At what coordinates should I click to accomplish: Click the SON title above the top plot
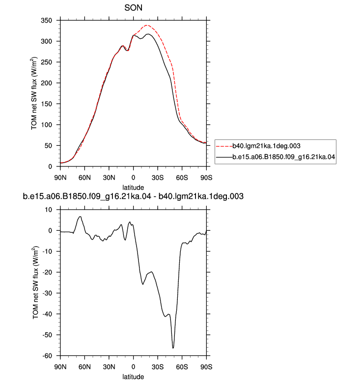click(x=133, y=8)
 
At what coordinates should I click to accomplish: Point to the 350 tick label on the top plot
click(x=47, y=21)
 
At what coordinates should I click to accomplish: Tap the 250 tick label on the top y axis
click(x=47, y=62)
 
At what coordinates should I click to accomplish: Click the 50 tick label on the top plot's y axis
click(x=49, y=146)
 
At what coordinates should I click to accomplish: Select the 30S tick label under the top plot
click(x=158, y=178)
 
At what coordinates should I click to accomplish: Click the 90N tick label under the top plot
click(x=60, y=178)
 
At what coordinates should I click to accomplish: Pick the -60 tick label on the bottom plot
click(x=47, y=356)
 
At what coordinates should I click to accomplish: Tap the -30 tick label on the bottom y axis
click(x=47, y=293)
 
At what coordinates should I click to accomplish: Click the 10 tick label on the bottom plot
click(x=49, y=210)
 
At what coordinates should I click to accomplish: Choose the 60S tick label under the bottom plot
click(x=182, y=367)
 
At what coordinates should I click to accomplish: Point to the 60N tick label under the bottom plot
click(x=84, y=367)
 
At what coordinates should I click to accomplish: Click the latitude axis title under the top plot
click(x=133, y=188)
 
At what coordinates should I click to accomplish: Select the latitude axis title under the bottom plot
click(x=133, y=377)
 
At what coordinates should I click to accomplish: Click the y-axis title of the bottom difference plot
click(x=35, y=282)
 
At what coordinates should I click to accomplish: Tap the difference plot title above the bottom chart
click(x=133, y=196)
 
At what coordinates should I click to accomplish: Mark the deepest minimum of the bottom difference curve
click(x=173, y=348)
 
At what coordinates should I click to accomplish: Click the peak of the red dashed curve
click(x=146, y=25)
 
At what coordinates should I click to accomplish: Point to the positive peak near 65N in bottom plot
click(x=80, y=217)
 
